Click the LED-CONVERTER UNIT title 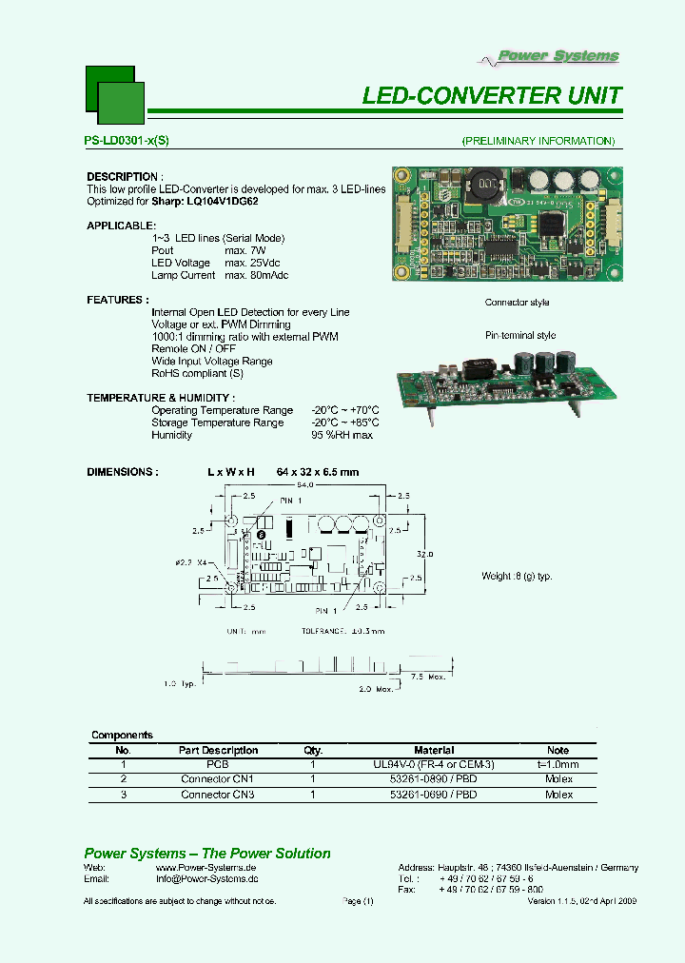[x=492, y=95]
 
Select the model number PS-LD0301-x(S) [x=127, y=141]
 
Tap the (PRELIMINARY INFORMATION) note [x=538, y=141]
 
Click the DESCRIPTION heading [x=124, y=177]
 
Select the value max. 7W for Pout [x=246, y=250]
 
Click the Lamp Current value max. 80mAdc [x=256, y=275]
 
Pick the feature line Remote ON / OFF [x=195, y=349]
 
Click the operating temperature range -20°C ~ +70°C [x=344, y=410]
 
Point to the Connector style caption [x=517, y=303]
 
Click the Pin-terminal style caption [x=519, y=335]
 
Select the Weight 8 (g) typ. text [x=517, y=577]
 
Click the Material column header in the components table [x=434, y=750]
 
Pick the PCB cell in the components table [x=217, y=763]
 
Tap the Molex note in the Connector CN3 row [x=558, y=794]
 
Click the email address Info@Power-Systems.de [x=206, y=881]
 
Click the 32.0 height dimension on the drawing [x=424, y=553]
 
